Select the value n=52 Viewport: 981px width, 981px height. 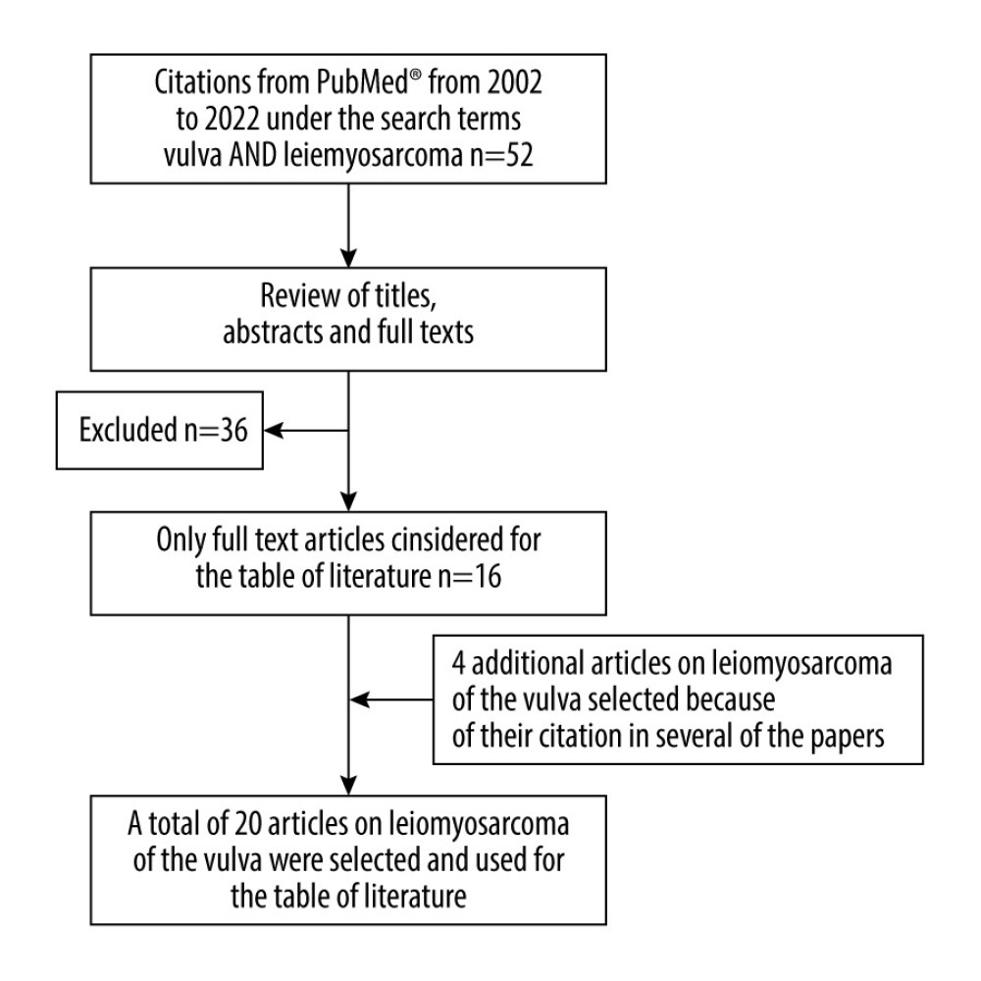coord(501,155)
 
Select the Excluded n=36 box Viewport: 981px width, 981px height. coord(160,431)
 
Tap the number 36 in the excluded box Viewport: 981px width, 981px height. coord(233,431)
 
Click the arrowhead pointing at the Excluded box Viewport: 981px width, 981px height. coord(274,431)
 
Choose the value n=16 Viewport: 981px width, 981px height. coord(469,576)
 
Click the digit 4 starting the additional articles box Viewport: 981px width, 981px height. coord(458,664)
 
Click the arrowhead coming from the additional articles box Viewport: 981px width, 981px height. coord(359,700)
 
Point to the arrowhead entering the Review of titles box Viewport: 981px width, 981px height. coord(348,258)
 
